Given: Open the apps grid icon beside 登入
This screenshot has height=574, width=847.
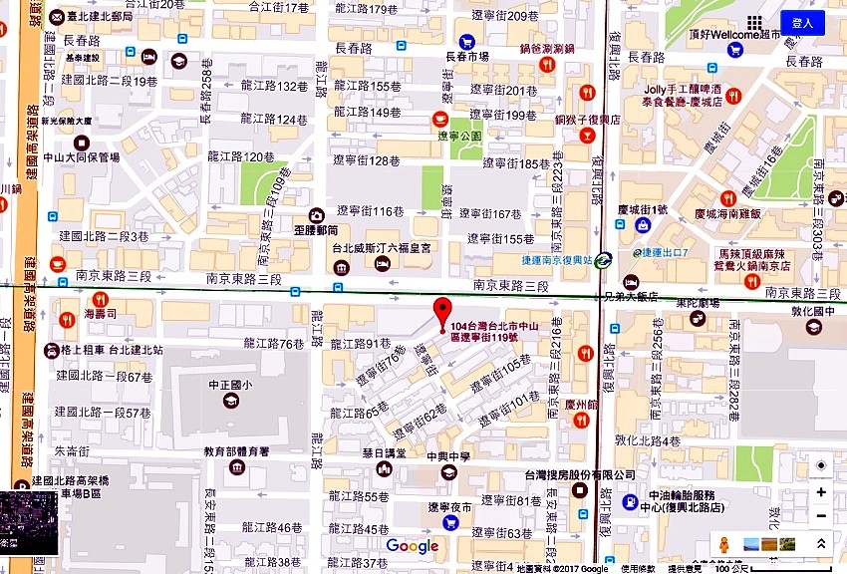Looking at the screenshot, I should [x=755, y=23].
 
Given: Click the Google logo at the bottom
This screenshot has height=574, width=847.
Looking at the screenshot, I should [x=413, y=546].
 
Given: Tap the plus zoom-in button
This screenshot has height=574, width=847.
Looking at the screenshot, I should [x=820, y=491].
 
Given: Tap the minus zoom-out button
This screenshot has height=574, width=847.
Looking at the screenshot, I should [x=820, y=516].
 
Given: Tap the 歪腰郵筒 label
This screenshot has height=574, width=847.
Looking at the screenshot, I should [x=290, y=227].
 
